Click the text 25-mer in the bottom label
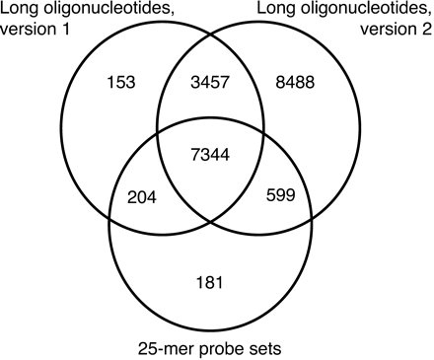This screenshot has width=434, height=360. pos(171,347)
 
